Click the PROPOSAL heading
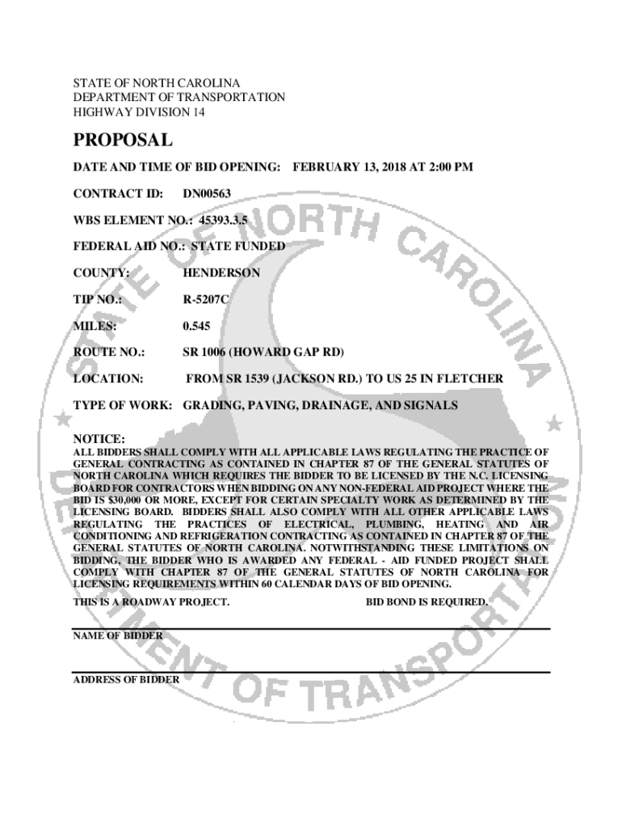(123, 141)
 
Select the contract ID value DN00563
(207, 193)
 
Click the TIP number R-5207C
(206, 299)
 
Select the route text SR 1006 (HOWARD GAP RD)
(263, 353)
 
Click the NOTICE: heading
(99, 438)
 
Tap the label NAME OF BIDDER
(118, 636)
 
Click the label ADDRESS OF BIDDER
(127, 679)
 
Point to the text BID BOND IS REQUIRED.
(427, 602)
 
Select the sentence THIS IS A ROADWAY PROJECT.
(152, 602)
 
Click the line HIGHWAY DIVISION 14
(140, 112)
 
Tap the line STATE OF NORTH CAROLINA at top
(157, 83)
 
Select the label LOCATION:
(108, 378)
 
